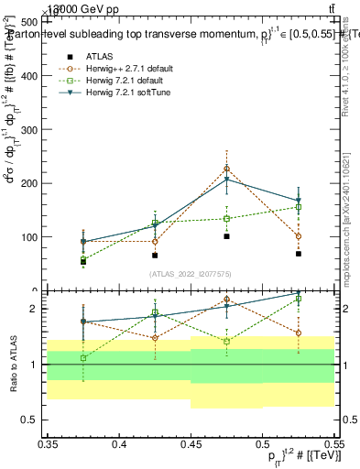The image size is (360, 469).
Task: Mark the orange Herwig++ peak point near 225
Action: (x=226, y=169)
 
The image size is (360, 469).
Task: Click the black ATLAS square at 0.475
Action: (x=226, y=236)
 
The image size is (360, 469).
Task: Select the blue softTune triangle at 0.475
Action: (x=226, y=180)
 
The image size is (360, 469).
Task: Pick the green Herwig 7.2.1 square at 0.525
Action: (x=299, y=207)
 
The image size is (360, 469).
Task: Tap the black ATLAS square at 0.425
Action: (x=155, y=256)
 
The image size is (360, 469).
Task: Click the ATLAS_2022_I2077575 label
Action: (x=191, y=273)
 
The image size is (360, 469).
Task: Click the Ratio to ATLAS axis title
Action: (x=13, y=364)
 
